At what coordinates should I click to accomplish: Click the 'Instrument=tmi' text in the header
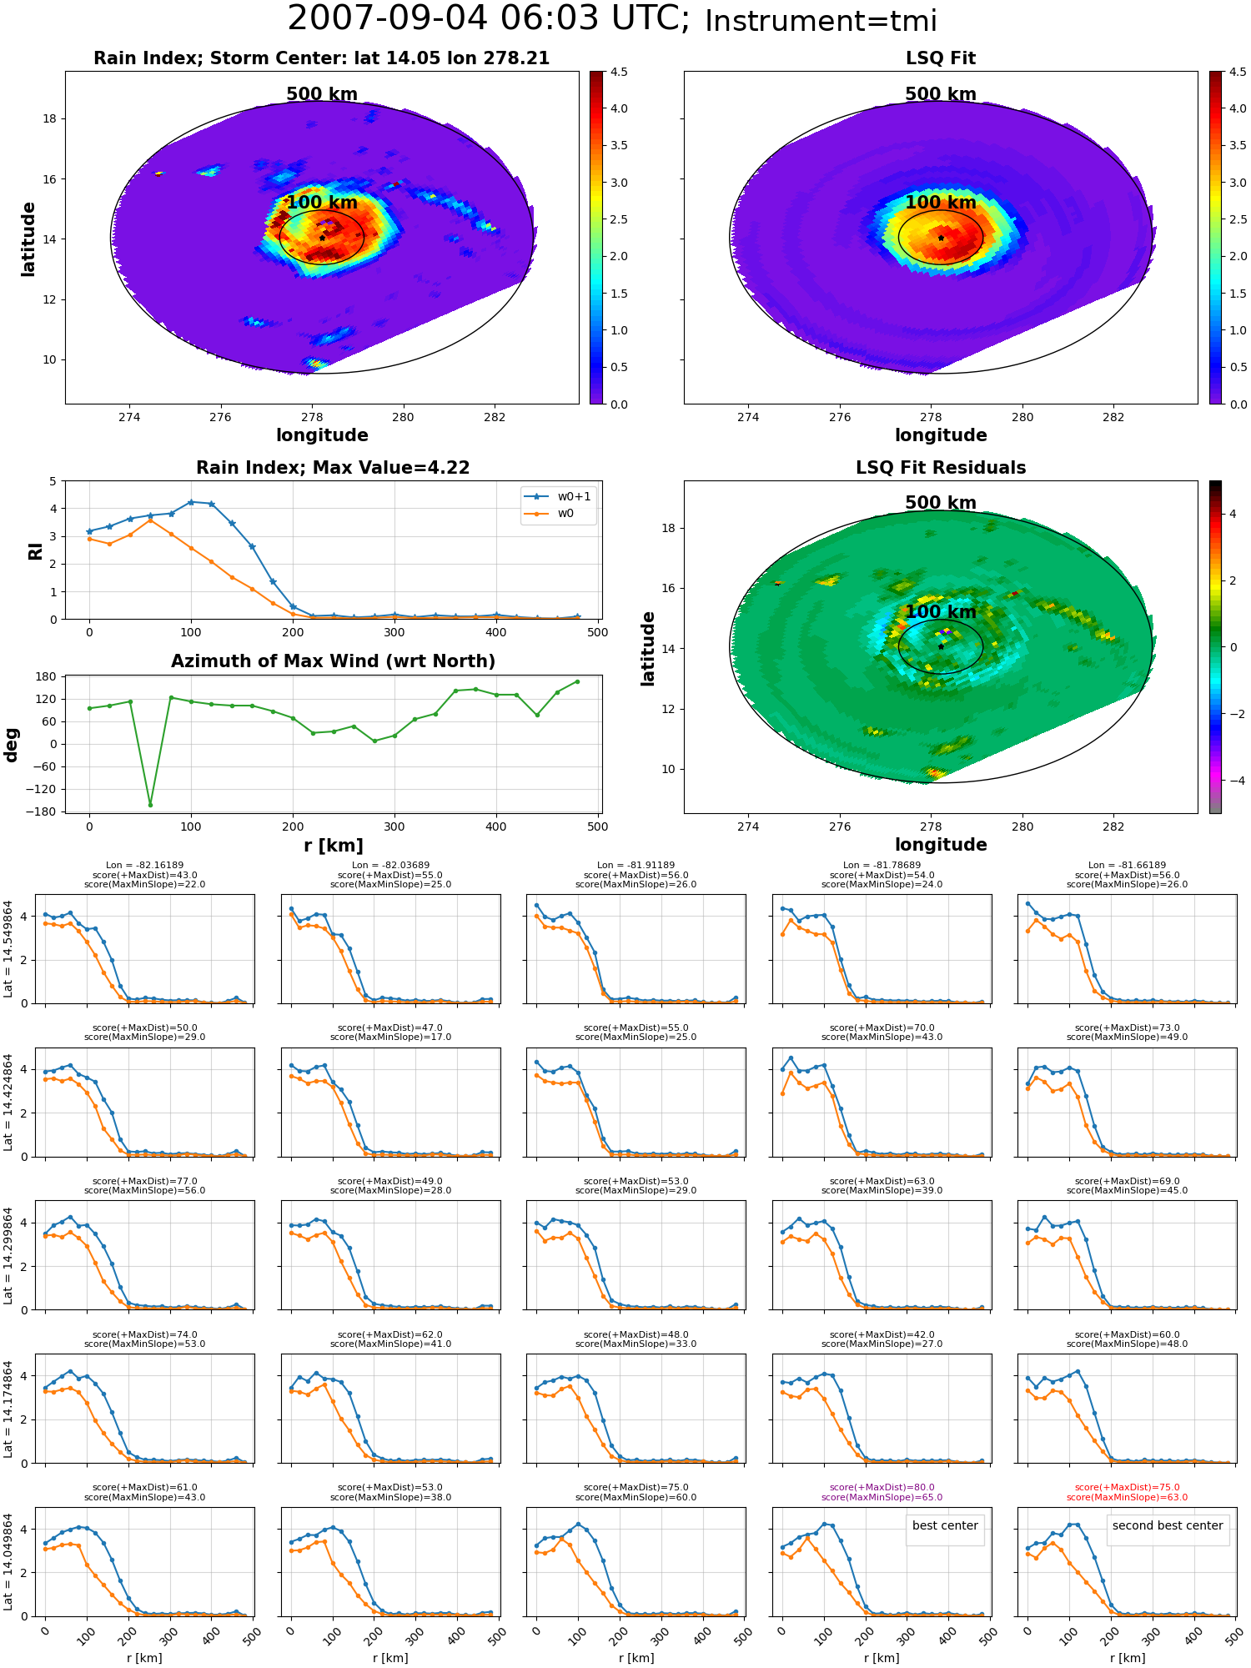click(x=821, y=21)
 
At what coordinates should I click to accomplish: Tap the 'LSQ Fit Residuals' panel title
click(x=941, y=468)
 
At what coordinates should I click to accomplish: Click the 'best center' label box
click(x=945, y=1525)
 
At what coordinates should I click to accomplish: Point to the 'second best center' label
click(x=1168, y=1525)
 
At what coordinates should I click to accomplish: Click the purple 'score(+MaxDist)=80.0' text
click(x=882, y=1487)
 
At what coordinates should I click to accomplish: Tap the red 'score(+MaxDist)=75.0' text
click(x=1127, y=1487)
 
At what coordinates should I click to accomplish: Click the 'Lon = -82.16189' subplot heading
click(x=144, y=866)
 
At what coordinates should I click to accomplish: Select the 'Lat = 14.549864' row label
click(x=8, y=949)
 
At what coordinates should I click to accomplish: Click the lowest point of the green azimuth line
click(x=150, y=805)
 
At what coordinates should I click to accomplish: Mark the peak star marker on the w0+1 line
click(x=191, y=502)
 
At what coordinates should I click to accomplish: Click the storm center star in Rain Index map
click(x=322, y=238)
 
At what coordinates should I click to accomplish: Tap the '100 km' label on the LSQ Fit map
click(x=941, y=203)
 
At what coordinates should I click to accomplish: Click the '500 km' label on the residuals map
click(x=941, y=503)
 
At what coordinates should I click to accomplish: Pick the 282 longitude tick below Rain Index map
click(x=495, y=417)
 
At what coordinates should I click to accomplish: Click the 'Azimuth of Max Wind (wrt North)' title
click(x=333, y=661)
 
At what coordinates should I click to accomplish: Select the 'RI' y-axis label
click(x=36, y=551)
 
